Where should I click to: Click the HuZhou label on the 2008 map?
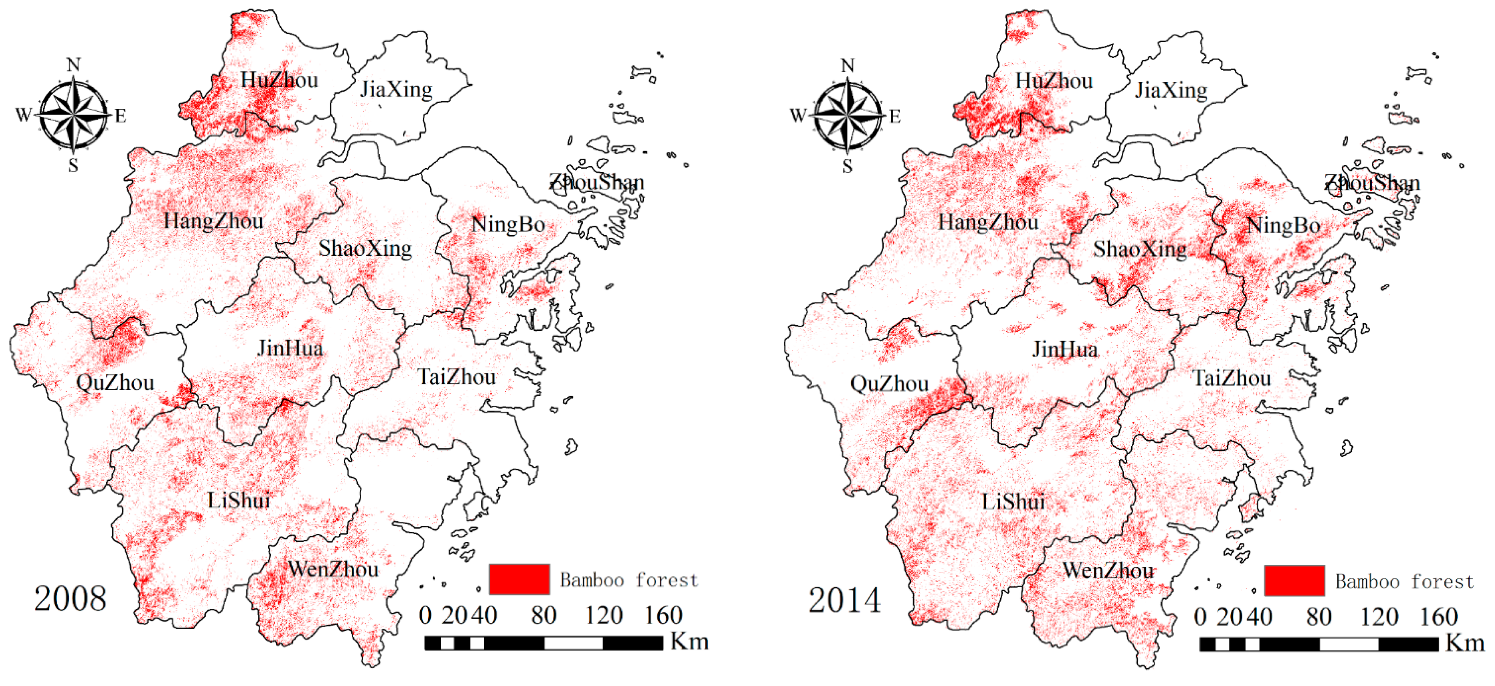point(279,80)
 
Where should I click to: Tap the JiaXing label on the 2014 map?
point(1171,90)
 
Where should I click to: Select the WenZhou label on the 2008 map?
point(333,569)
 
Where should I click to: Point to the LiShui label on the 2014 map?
point(1013,501)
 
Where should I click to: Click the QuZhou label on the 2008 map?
point(115,383)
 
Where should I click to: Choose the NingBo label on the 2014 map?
point(1283,225)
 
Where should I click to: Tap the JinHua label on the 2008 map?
point(290,348)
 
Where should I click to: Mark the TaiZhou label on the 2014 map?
point(1231,378)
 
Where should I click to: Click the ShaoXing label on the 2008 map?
point(365,248)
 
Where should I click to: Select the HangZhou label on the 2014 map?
point(988,222)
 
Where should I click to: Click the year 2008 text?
point(70,598)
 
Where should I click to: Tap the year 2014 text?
point(845,600)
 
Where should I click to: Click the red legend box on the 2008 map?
point(519,579)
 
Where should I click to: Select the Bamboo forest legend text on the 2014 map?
point(1404,581)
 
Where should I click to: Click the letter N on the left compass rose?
point(73,64)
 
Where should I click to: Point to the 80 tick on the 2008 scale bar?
point(544,615)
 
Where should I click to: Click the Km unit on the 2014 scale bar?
point(1465,643)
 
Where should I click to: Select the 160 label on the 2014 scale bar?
point(1439,616)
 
